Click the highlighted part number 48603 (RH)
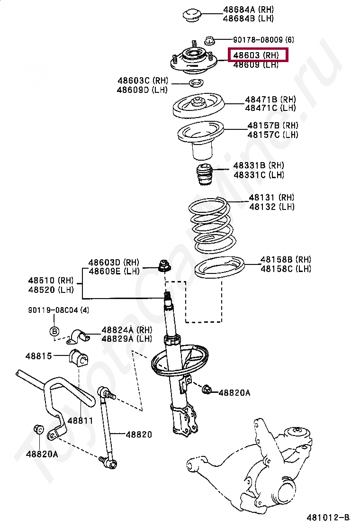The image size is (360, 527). pyautogui.click(x=259, y=55)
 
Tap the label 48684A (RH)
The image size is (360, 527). pyautogui.click(x=248, y=9)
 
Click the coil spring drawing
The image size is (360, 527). pyautogui.click(x=211, y=225)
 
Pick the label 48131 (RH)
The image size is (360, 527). pyautogui.click(x=271, y=198)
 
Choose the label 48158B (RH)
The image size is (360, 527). pyautogui.click(x=286, y=260)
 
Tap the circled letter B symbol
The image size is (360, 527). pyautogui.click(x=54, y=331)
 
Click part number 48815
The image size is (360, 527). pyautogui.click(x=39, y=355)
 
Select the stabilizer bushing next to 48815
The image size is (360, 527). pyautogui.click(x=79, y=358)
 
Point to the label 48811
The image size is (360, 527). pyautogui.click(x=80, y=420)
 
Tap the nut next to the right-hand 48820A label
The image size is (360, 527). pyautogui.click(x=207, y=391)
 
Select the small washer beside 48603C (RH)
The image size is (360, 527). pyautogui.click(x=195, y=84)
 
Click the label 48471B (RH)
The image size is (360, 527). pyautogui.click(x=270, y=100)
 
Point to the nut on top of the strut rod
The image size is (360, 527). pyautogui.click(x=164, y=265)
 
